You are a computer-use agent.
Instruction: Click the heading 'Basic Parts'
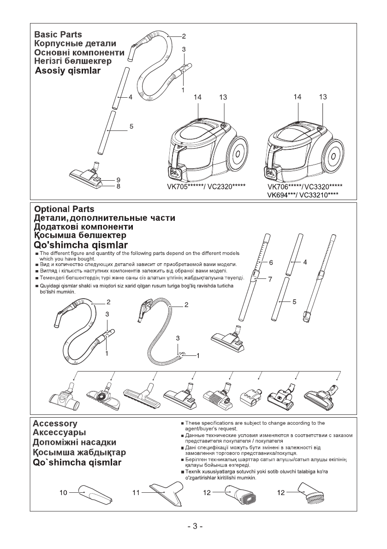coord(58,35)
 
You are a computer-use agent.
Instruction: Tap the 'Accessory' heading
coord(55,423)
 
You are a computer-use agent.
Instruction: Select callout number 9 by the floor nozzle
coord(119,179)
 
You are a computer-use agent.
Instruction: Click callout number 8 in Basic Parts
coord(119,187)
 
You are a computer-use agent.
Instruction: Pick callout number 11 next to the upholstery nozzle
coord(136,493)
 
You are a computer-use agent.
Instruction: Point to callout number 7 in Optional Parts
coord(271,279)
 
